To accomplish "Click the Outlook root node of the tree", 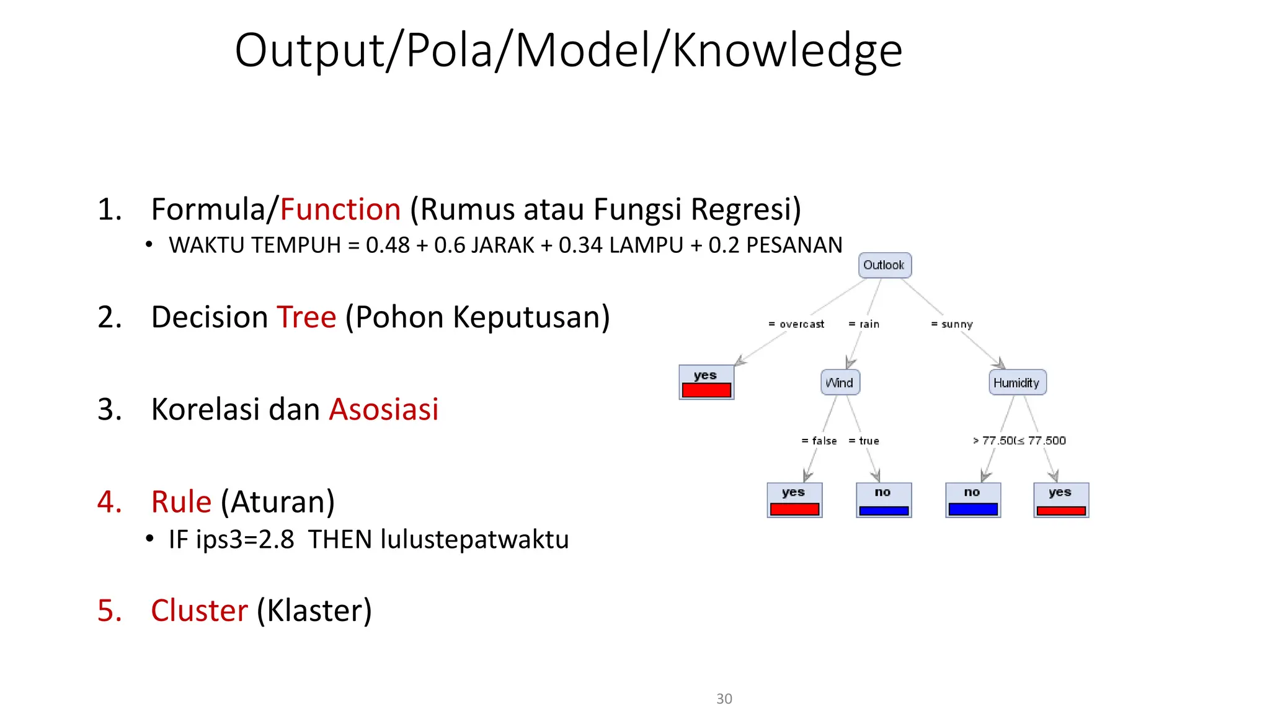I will click(x=884, y=265).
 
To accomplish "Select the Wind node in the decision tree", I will click(x=840, y=382).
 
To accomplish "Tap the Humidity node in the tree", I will click(x=1017, y=382).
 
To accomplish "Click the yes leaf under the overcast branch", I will click(x=706, y=382).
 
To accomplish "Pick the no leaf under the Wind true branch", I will click(x=884, y=500).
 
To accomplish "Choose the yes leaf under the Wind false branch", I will click(x=794, y=500).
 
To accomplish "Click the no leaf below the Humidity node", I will click(x=973, y=500).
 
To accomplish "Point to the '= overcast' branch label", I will click(x=796, y=324).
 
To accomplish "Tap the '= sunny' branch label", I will click(x=952, y=324).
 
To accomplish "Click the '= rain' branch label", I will click(x=864, y=324).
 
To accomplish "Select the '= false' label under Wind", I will click(x=819, y=441).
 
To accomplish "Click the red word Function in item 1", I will click(x=340, y=209).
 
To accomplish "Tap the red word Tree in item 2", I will click(x=306, y=317).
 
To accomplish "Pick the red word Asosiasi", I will click(x=384, y=410).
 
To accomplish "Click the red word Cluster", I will click(x=199, y=610).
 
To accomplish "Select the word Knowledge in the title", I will click(x=787, y=51).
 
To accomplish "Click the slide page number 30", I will click(x=724, y=699).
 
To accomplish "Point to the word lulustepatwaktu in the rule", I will click(x=474, y=539).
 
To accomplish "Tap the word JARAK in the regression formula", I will click(x=503, y=245).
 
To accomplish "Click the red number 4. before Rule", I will click(x=110, y=502).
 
